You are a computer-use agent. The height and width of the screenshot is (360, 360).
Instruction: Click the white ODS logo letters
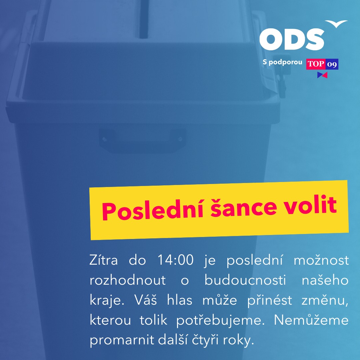[292, 39]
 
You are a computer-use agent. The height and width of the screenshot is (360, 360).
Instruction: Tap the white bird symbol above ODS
[336, 24]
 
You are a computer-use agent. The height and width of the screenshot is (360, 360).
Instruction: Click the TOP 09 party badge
[322, 64]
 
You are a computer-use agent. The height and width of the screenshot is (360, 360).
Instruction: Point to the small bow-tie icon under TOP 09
[322, 75]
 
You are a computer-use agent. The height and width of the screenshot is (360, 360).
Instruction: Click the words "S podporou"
[282, 62]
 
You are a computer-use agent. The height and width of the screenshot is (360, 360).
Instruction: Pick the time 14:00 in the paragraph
[175, 260]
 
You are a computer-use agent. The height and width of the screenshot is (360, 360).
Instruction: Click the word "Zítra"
[104, 260]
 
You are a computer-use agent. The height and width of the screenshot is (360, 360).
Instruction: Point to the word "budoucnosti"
[245, 280]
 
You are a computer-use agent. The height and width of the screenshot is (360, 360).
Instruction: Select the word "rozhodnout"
[128, 280]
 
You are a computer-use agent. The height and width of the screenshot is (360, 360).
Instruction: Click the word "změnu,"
[325, 300]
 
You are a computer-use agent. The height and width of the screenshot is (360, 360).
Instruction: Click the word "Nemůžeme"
[311, 320]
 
